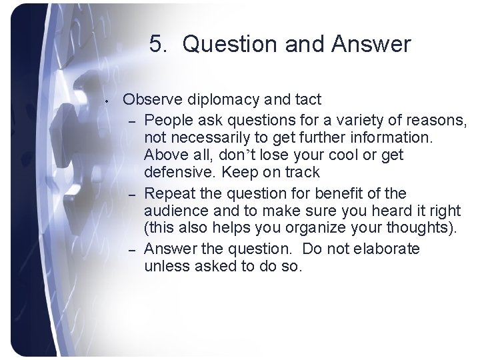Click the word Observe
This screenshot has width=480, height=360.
coord(148,100)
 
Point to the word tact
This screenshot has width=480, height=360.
coord(307,100)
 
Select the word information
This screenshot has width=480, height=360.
coord(394,138)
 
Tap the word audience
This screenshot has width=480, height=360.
coord(173,211)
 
